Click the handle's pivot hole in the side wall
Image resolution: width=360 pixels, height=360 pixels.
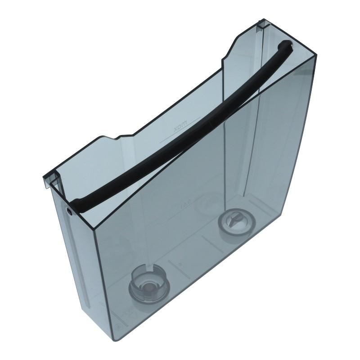click(x=69, y=211)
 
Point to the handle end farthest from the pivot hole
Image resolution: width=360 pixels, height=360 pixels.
click(x=284, y=45)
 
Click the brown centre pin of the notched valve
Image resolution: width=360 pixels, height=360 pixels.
click(x=146, y=286)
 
